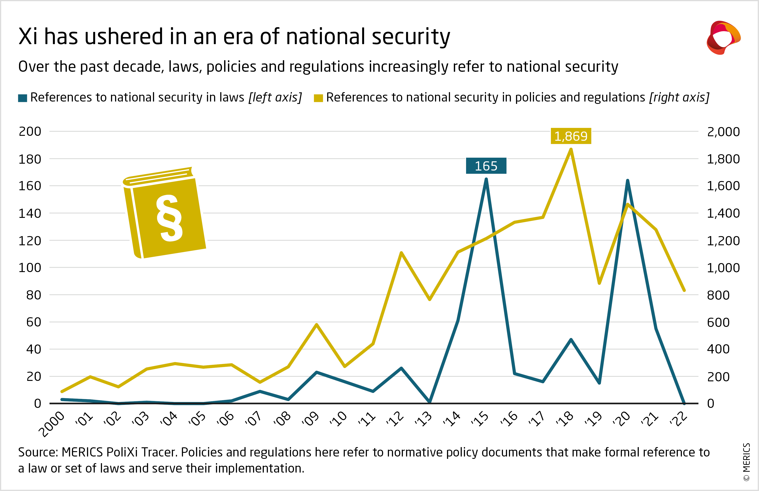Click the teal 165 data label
click(x=486, y=166)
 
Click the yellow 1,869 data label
click(x=571, y=136)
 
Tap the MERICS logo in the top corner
click(x=723, y=38)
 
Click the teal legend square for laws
click(x=23, y=98)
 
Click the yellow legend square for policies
click(x=318, y=98)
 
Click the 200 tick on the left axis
click(x=30, y=131)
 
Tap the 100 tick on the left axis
click(x=30, y=268)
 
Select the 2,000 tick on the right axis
click(x=723, y=132)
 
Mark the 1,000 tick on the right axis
click(x=723, y=268)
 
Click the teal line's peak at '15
click(x=486, y=179)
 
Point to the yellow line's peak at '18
click(x=571, y=149)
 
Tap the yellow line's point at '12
click(x=401, y=253)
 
